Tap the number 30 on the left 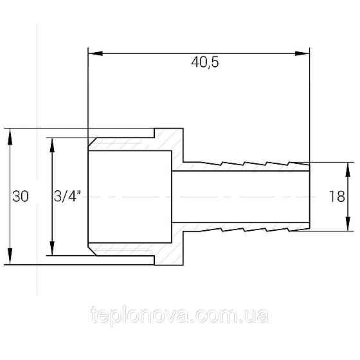tap(21, 197)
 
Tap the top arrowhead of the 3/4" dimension tap(53, 141)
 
